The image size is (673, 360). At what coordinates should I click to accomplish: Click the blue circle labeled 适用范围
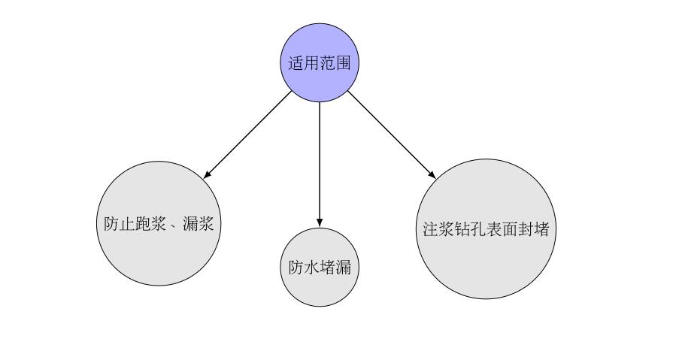click(320, 62)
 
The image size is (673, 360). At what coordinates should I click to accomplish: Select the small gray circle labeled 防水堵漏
click(320, 268)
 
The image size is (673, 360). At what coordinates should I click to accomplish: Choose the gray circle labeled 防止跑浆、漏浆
click(159, 223)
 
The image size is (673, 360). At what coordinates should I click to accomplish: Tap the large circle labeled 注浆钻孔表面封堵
click(487, 229)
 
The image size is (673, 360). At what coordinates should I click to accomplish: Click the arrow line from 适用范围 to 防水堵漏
click(320, 165)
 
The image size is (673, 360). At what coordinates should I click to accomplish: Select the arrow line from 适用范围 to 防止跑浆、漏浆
click(247, 135)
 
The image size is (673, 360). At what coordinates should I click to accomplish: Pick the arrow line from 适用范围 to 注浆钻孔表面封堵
click(392, 135)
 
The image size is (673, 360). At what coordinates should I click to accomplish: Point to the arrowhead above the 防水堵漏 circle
click(320, 222)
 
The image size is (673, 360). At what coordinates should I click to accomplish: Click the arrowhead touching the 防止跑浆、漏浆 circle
click(208, 174)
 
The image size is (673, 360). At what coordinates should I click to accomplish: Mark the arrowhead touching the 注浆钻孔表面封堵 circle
click(432, 174)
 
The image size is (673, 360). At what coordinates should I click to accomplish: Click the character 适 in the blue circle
click(296, 63)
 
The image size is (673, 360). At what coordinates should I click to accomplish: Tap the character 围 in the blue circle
click(344, 63)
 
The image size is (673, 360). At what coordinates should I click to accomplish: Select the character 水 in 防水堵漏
click(311, 268)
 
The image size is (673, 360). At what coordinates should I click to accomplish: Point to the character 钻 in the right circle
click(462, 229)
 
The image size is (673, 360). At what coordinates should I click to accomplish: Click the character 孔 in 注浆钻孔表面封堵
click(478, 229)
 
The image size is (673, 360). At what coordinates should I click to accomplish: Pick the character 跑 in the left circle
click(143, 223)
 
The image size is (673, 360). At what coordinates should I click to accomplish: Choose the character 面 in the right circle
click(511, 229)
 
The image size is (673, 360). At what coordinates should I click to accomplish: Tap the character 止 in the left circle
click(127, 223)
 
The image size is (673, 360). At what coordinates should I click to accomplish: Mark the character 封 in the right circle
click(526, 229)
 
